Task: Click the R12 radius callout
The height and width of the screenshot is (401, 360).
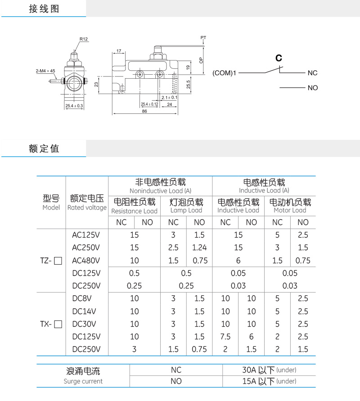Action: click(84, 39)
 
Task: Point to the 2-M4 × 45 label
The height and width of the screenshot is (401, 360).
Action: click(45, 71)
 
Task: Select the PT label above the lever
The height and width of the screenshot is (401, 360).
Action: click(203, 38)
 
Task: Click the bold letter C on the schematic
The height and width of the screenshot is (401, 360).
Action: click(279, 58)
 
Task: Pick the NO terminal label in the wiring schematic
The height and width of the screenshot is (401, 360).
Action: click(313, 88)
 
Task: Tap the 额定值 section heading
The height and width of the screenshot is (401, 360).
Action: click(44, 149)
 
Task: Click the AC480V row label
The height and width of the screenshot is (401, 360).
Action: click(86, 261)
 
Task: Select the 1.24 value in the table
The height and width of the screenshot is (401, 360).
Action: click(199, 248)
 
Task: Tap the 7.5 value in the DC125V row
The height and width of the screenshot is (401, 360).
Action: click(225, 337)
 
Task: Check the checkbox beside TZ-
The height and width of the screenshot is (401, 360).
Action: click(58, 261)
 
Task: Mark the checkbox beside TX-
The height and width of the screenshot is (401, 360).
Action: click(58, 324)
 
